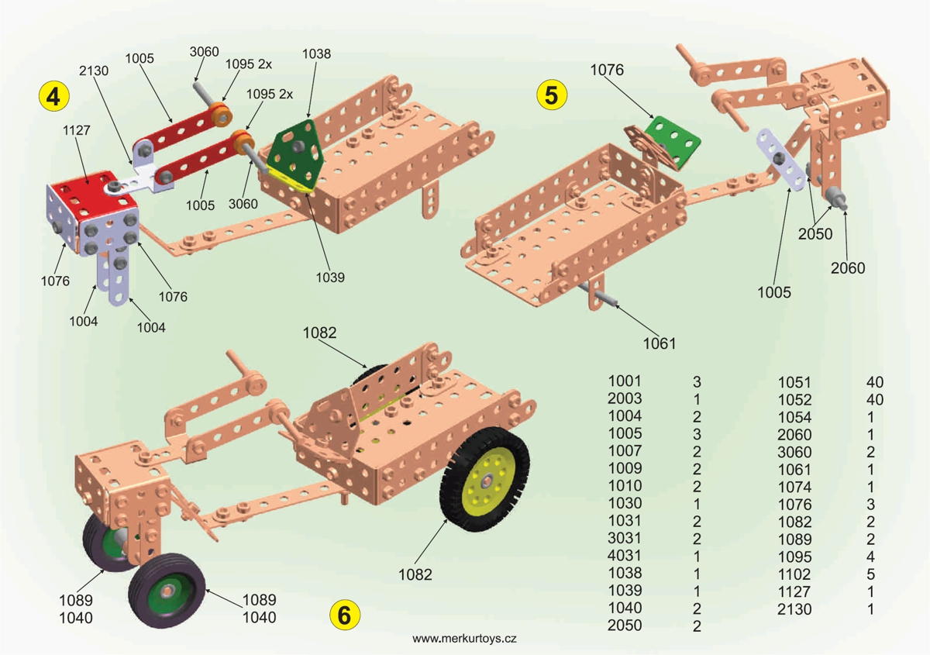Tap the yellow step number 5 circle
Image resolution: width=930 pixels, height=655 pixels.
click(551, 95)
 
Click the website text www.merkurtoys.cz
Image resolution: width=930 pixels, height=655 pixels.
click(464, 638)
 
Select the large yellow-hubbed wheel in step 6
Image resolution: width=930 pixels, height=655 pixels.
click(485, 481)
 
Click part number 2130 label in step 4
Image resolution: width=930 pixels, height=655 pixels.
click(93, 71)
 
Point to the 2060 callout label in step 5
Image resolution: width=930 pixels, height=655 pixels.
click(847, 268)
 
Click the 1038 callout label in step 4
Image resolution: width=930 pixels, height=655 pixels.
click(315, 54)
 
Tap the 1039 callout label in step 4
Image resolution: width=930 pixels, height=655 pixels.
click(330, 277)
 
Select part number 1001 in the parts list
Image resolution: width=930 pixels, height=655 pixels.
click(625, 381)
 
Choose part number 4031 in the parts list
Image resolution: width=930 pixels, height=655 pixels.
click(625, 557)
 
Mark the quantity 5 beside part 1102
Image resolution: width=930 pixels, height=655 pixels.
click(871, 574)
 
